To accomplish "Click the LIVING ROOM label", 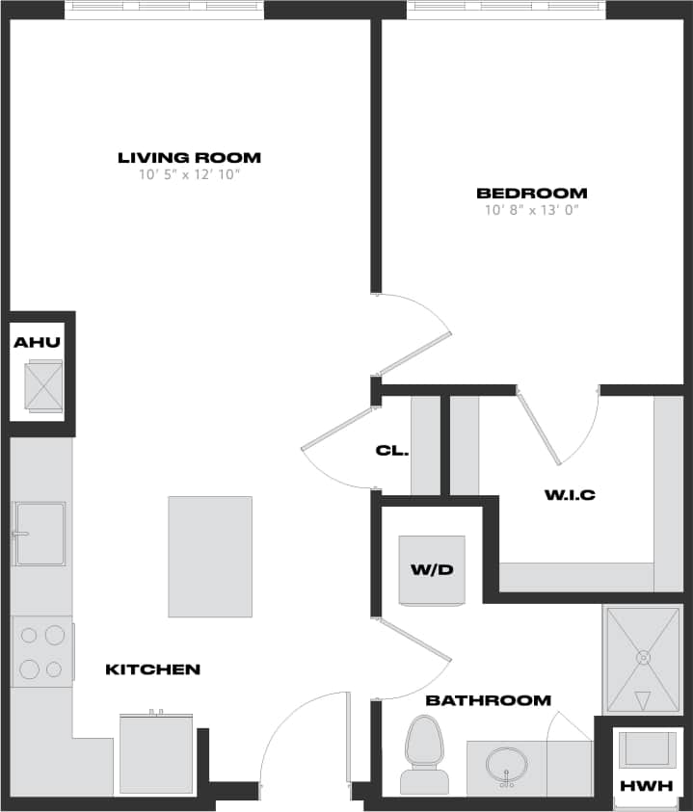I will click(x=189, y=158).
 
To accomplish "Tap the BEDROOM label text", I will click(x=531, y=193).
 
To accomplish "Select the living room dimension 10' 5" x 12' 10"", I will click(x=189, y=175).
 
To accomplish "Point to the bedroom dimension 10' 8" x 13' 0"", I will click(x=531, y=209).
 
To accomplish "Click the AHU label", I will click(x=38, y=342).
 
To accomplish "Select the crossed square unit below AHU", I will click(x=42, y=386).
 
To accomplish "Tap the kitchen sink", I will click(x=39, y=533).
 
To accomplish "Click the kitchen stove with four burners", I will click(x=42, y=652).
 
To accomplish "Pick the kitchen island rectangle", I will click(x=210, y=557).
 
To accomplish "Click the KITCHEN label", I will click(x=152, y=669).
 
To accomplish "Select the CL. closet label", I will click(x=392, y=451).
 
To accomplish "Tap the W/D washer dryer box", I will click(x=433, y=569).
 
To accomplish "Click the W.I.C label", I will click(x=570, y=496).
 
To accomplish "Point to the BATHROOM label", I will click(x=489, y=700).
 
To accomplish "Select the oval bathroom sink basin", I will click(x=507, y=767).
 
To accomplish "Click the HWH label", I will click(x=645, y=786).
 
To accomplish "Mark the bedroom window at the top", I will click(x=506, y=10).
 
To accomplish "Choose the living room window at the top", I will click(x=164, y=10).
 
